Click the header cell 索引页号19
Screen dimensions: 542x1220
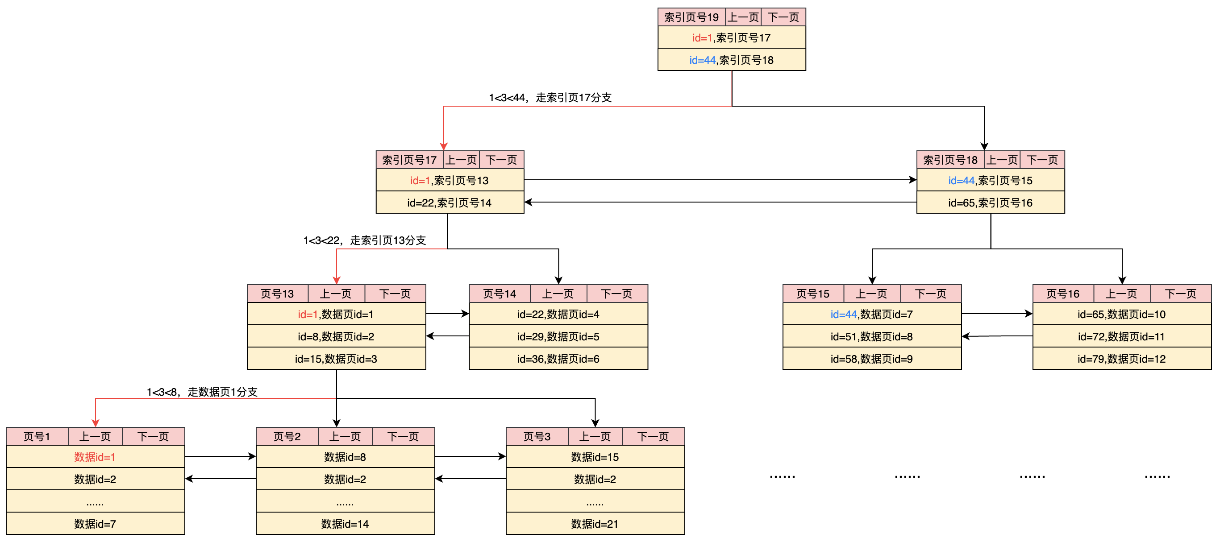click(691, 17)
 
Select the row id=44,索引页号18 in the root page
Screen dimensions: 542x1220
click(731, 60)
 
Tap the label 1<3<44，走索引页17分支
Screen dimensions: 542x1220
click(550, 98)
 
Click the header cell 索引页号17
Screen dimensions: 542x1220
click(409, 160)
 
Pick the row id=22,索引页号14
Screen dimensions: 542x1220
click(450, 203)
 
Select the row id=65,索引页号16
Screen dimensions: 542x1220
click(990, 203)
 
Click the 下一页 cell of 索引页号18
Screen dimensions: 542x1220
click(1042, 160)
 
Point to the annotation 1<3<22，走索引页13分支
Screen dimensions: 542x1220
click(364, 240)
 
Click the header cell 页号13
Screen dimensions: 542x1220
click(277, 294)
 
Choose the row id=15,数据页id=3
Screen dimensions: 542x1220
click(336, 359)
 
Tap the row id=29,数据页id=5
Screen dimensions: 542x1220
click(558, 336)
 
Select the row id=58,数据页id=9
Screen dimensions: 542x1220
click(871, 359)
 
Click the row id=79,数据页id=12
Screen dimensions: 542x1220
click(1121, 359)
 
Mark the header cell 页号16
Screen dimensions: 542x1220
click(1062, 294)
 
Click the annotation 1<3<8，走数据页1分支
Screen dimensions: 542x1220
click(202, 392)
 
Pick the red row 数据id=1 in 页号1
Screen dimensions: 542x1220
click(95, 457)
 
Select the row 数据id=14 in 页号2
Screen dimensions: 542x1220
click(345, 524)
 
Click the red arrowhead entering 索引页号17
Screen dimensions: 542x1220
click(443, 147)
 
